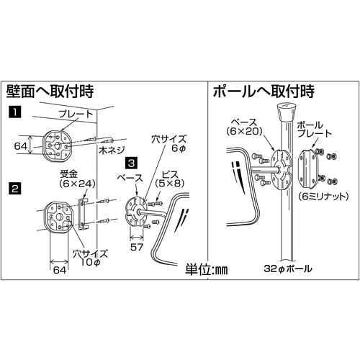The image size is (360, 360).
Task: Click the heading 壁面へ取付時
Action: pyautogui.click(x=50, y=92)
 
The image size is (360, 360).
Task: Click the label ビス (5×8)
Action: pyautogui.click(x=173, y=179)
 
